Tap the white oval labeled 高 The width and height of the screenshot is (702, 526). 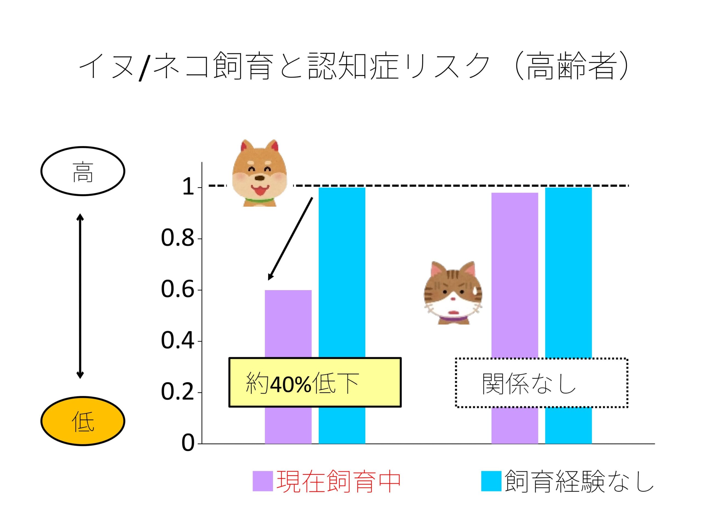click(83, 171)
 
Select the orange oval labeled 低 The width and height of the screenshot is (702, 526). click(83, 421)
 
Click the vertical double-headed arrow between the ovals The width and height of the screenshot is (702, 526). click(80, 296)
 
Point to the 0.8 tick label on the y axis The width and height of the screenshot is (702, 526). click(177, 238)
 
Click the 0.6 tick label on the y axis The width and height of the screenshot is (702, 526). click(177, 290)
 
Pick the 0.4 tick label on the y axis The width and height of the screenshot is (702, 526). click(177, 341)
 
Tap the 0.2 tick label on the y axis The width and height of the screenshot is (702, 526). click(177, 393)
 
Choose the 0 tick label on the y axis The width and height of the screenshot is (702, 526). click(188, 443)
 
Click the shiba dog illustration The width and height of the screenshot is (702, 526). click(260, 173)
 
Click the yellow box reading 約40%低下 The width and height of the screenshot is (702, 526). click(315, 382)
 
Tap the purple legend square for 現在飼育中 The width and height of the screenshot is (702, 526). click(262, 481)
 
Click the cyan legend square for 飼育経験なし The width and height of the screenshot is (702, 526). click(491, 481)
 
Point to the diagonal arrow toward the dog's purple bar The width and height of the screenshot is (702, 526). click(290, 238)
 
